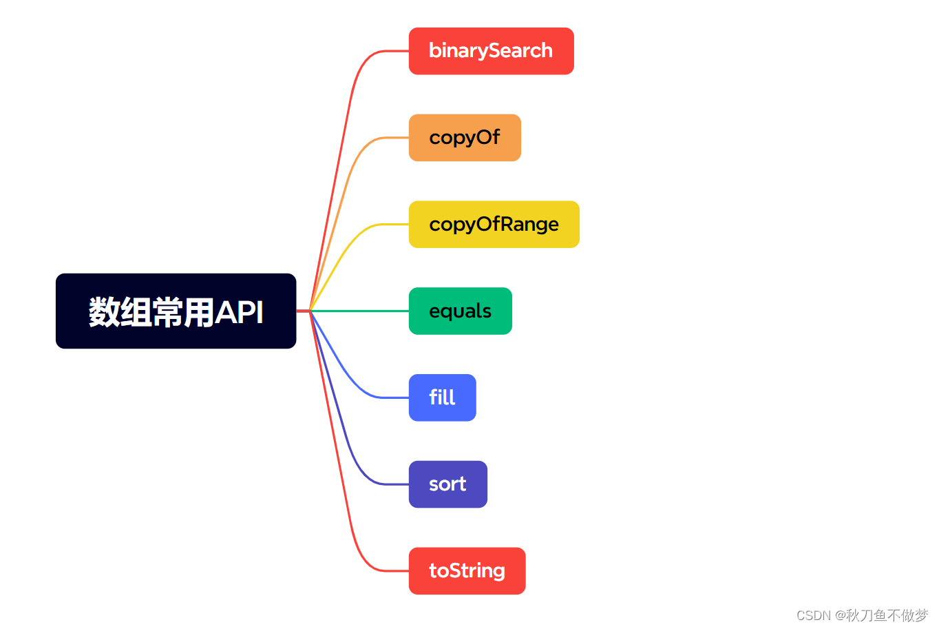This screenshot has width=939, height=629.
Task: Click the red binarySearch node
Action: [491, 51]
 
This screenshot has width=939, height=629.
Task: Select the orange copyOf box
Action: [465, 138]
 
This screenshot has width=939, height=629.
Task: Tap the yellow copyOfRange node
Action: [494, 225]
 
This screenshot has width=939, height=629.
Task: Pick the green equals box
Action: [460, 311]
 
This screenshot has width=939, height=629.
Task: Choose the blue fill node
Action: [442, 398]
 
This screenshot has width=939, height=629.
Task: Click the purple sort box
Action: [447, 484]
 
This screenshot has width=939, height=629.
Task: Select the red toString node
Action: [467, 571]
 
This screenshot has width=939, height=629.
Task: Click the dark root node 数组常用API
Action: [176, 311]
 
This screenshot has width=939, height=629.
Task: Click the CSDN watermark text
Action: [862, 615]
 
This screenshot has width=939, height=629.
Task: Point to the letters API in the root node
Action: [239, 312]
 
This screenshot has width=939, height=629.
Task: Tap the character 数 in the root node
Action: [104, 312]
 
